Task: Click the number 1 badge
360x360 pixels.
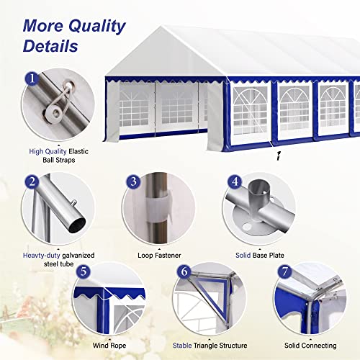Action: coord(32,78)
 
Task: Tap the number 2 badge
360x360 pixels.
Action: coord(32,181)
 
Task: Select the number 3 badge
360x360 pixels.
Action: coord(133,181)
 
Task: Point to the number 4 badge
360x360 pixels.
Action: coord(235,181)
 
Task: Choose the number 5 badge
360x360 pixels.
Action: coord(83,271)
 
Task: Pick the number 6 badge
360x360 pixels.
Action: coord(184,271)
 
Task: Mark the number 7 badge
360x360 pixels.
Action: coord(284,271)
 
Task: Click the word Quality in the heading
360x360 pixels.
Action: coord(97,26)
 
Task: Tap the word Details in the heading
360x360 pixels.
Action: coord(50,46)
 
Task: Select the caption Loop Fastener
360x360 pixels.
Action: coord(159,256)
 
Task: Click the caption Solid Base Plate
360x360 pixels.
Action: coord(260,256)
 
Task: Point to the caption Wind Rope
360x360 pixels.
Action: coord(109,346)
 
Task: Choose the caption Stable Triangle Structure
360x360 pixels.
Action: coord(210,346)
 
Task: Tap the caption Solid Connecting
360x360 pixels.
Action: coord(310,346)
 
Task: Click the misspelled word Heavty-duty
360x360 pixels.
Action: coord(41,256)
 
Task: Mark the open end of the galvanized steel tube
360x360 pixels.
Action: coord(77,225)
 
